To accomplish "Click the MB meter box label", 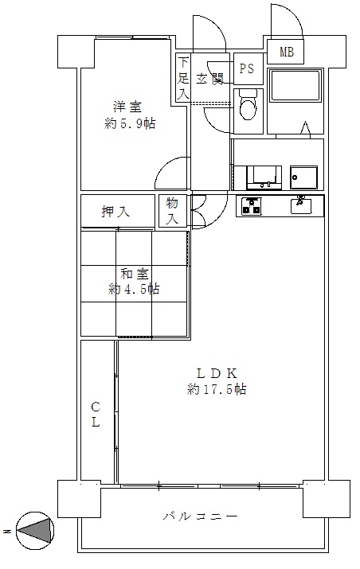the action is [286, 53].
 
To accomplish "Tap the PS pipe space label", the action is [246, 68].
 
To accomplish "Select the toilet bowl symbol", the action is [248, 104].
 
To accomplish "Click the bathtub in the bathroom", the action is [295, 87].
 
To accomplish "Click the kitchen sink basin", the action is [301, 206].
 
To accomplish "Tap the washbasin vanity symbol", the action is [264, 177].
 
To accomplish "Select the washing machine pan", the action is [303, 177].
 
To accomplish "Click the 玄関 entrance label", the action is [210, 79].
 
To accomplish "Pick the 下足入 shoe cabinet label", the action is [183, 79].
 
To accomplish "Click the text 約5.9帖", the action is [130, 124].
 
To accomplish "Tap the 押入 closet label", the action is [115, 212].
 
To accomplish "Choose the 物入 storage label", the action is [172, 211].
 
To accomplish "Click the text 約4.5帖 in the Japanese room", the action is [134, 290].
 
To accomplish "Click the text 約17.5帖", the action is [217, 389].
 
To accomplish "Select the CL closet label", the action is [95, 415].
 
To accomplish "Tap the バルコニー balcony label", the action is [200, 516].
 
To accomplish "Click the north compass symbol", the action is [35, 531].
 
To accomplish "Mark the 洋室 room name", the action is [127, 107].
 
